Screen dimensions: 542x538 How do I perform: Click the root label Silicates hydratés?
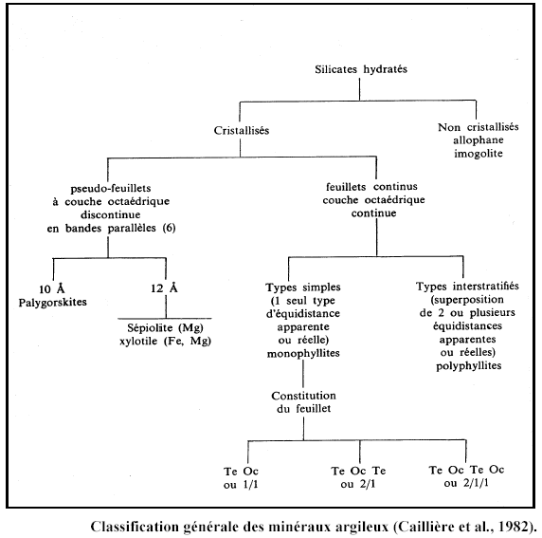click(x=361, y=69)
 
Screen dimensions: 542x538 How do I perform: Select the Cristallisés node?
click(x=242, y=131)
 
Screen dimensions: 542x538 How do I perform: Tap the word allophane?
click(x=479, y=140)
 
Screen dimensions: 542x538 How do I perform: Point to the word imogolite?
click(x=479, y=154)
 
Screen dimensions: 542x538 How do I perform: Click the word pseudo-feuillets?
click(x=111, y=188)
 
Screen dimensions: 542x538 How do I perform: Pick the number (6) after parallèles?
click(x=169, y=228)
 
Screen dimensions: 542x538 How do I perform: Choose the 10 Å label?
click(x=52, y=288)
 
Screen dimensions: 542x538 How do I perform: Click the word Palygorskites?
click(x=52, y=303)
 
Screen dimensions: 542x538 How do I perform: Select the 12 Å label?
click(x=164, y=288)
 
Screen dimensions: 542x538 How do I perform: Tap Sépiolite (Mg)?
click(x=165, y=327)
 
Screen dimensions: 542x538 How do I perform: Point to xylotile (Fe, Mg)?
click(x=165, y=341)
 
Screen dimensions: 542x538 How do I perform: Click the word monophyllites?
click(x=303, y=354)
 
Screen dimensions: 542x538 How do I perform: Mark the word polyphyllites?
click(x=468, y=366)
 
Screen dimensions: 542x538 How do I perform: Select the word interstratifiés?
click(x=486, y=287)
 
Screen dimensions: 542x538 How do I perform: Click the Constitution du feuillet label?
click(x=303, y=402)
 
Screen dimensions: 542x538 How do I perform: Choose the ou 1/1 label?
click(x=241, y=485)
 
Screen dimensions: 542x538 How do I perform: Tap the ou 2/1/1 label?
click(x=466, y=483)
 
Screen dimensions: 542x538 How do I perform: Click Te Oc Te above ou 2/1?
click(x=358, y=471)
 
